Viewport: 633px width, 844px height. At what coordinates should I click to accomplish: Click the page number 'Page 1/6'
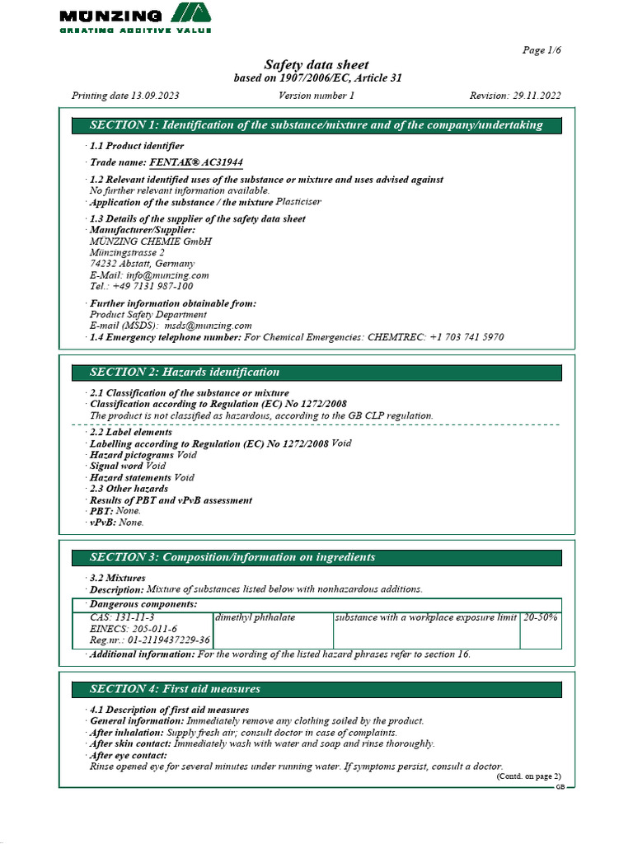pos(542,50)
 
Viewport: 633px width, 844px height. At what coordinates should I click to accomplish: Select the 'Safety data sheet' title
pos(316,65)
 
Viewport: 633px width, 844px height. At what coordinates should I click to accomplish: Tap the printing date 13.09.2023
pos(153,96)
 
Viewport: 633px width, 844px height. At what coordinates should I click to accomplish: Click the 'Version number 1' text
pos(316,96)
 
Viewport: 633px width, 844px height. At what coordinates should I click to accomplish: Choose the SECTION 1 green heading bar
pos(316,125)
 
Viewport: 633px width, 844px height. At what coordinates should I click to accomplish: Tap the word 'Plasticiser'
pos(298,202)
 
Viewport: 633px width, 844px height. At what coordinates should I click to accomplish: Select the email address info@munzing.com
pos(167,275)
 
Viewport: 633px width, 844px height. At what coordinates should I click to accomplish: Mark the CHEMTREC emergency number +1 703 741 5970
pos(467,338)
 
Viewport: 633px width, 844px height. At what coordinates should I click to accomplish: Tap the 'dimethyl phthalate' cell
pos(255,617)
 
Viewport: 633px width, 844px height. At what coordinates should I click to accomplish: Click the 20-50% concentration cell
pos(541,617)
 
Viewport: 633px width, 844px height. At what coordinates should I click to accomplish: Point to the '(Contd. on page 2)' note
pos(528,776)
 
